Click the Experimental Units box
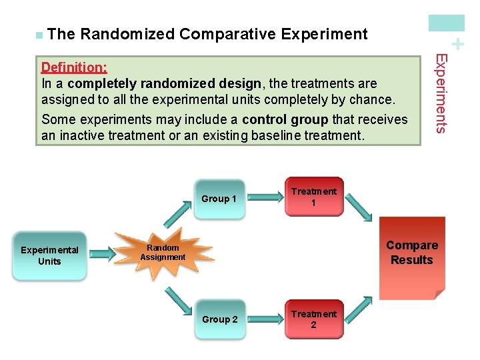[49, 256]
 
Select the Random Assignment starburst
[162, 252]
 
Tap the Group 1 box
[219, 199]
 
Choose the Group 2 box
[219, 319]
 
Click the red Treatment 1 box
[313, 197]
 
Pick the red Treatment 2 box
[313, 319]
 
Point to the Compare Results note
[411, 257]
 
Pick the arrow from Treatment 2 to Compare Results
[361, 309]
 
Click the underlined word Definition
[74, 68]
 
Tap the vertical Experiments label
[441, 93]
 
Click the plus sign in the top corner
[457, 45]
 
